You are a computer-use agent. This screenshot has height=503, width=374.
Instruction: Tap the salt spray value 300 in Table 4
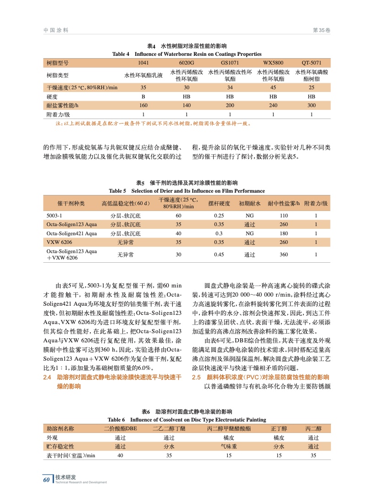(312, 105)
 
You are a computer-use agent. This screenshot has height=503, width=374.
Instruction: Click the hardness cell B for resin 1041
(143, 97)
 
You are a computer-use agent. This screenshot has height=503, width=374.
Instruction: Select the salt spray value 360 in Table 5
(284, 255)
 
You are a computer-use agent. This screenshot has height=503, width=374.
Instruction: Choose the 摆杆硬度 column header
(219, 203)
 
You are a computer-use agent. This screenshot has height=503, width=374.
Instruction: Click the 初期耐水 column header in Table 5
(249, 203)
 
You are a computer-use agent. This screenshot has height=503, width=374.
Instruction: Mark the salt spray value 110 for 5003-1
(284, 215)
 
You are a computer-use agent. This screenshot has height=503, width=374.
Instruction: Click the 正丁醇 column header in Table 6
(279, 429)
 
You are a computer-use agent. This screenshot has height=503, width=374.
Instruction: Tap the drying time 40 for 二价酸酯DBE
(120, 455)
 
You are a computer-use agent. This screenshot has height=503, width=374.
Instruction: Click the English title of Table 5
(187, 191)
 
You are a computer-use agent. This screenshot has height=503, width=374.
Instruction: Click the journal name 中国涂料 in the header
(56, 30)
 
